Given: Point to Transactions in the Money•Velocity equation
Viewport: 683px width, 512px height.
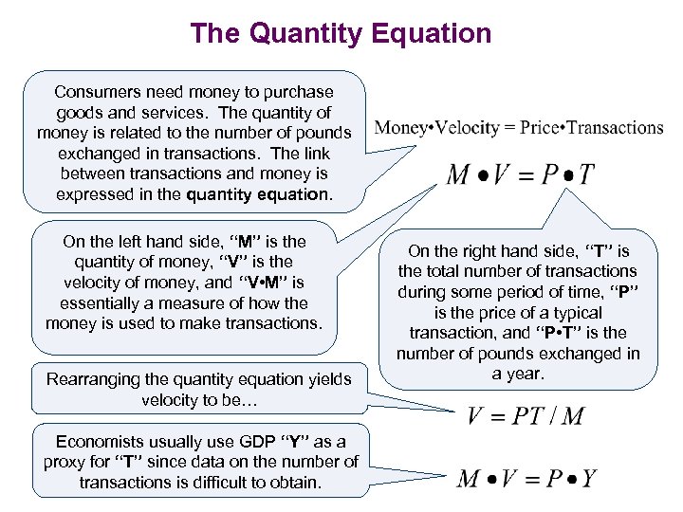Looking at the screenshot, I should (615, 128).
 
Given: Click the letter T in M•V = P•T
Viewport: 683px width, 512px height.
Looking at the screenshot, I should (586, 175).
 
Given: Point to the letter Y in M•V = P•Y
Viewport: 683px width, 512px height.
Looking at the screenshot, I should (588, 478).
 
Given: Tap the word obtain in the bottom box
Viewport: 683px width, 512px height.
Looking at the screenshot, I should (294, 483).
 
